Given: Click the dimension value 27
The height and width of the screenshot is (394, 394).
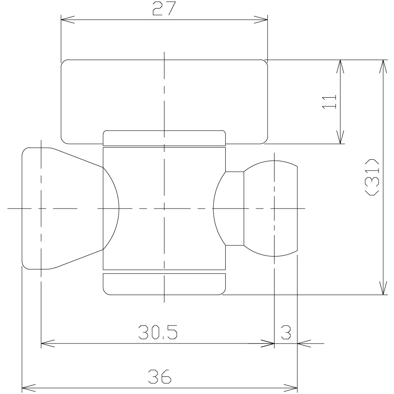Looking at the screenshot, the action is (164, 9).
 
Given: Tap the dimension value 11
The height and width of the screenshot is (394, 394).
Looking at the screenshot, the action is (329, 102).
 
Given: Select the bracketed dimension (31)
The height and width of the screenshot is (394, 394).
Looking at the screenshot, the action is (372, 177).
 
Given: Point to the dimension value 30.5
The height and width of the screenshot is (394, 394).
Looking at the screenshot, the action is (158, 332).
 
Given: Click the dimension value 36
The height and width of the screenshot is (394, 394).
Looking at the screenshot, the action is (160, 376).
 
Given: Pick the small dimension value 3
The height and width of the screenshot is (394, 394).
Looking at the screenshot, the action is (286, 332).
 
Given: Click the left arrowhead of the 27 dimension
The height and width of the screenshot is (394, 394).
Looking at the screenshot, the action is (68, 19).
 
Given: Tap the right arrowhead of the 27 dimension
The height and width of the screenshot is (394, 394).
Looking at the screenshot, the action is (261, 19).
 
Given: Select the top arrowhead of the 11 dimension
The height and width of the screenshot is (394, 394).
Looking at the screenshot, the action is (340, 66).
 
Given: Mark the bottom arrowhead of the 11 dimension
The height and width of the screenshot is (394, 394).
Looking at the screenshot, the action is (340, 137).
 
